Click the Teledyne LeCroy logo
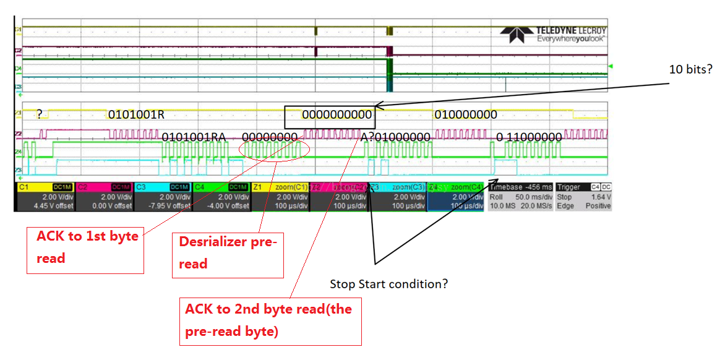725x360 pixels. pos(553,34)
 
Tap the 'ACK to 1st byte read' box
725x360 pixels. pos(85,250)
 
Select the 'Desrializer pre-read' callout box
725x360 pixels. pos(228,254)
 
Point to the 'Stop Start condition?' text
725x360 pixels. pos(388,284)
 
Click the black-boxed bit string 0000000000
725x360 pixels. pos(337,115)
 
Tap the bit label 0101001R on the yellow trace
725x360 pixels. pos(136,115)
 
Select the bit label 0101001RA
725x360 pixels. pos(194,137)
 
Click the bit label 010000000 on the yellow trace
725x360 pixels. pos(465,115)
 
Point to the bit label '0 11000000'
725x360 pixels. pos(529,137)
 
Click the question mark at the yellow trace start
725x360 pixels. pos(39,114)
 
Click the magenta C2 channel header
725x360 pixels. pos(103,187)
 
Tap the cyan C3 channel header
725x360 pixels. pos(162,187)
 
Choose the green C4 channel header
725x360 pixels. pos(221,187)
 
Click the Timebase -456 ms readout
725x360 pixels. pos(520,187)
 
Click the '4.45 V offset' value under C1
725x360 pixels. pos(46,205)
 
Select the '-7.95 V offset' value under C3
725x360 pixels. pos(164,205)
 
